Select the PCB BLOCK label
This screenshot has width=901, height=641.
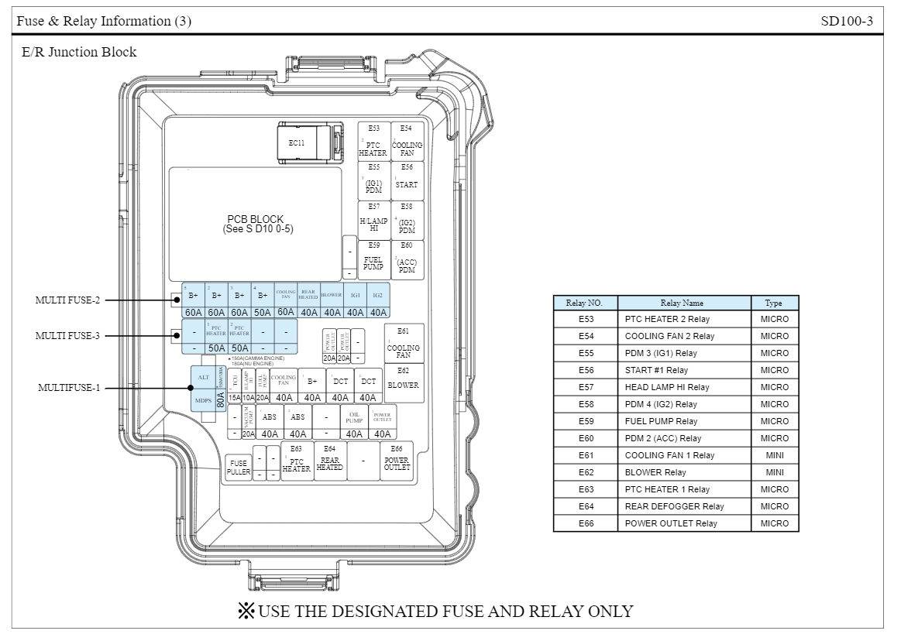click(x=256, y=224)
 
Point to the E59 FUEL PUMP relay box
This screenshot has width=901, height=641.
click(x=373, y=258)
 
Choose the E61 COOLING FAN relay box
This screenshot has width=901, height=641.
click(x=403, y=344)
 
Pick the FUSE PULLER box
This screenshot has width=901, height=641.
click(x=238, y=467)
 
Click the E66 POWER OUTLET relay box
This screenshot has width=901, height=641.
click(x=397, y=461)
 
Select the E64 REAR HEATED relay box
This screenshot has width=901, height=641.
click(x=329, y=461)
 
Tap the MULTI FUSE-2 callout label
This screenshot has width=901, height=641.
click(x=67, y=300)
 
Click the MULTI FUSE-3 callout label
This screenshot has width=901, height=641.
click(x=67, y=335)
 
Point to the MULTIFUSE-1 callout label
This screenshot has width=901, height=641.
click(x=69, y=387)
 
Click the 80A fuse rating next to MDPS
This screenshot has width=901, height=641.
click(x=221, y=399)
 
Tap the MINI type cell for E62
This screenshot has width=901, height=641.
click(x=774, y=472)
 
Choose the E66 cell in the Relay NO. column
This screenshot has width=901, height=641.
click(x=586, y=523)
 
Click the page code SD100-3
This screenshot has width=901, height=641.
click(x=847, y=21)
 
